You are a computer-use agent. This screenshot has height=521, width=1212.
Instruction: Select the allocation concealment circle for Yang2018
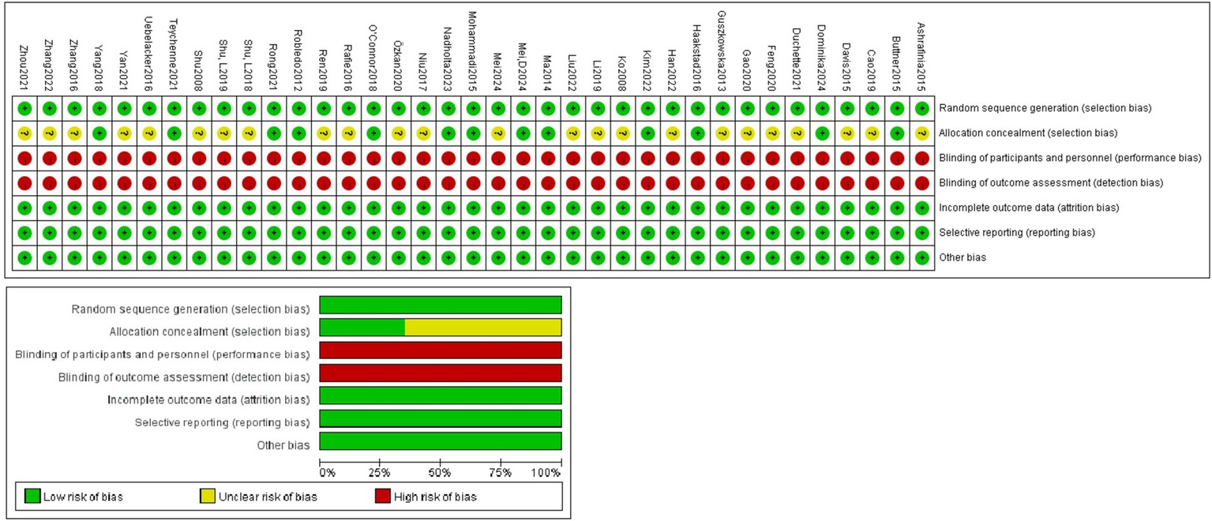pos(99,133)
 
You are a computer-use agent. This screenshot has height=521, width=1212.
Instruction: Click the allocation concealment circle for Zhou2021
pos(24,133)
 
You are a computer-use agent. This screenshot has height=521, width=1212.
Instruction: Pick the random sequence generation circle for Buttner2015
pos(896,107)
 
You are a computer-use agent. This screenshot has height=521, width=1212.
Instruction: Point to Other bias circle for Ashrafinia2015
pos(921,257)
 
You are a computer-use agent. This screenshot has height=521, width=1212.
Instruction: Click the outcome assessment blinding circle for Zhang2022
pos(50,182)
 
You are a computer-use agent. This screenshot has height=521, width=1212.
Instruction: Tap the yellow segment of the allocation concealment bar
pos(482,328)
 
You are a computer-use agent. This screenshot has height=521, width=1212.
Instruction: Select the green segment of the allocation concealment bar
pos(362,328)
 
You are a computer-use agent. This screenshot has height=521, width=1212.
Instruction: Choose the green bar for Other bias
pos(440,441)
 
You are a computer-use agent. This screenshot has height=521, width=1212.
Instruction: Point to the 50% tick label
pos(440,473)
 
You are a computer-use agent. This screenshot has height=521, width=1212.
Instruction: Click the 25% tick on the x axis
pos(380,473)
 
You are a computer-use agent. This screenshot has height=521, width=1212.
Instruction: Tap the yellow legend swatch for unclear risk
pos(208,497)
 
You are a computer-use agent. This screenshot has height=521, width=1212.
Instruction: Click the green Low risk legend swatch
pos(32,497)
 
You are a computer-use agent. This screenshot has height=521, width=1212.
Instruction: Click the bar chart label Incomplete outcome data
pos(208,400)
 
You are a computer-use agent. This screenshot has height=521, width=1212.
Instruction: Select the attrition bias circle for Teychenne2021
pos(174,208)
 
